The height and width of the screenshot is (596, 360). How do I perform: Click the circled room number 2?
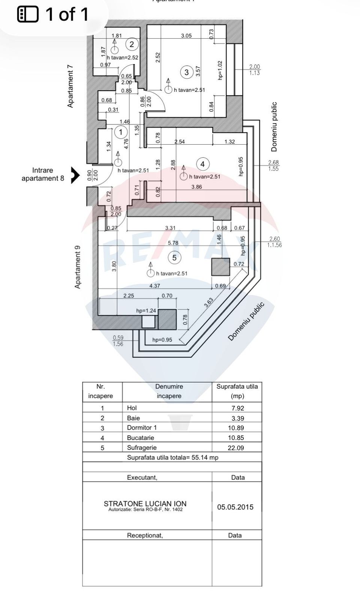coord(132,44)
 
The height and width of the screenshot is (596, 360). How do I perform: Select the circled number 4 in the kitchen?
coord(202,164)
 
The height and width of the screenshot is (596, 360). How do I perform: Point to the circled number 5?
coord(174,258)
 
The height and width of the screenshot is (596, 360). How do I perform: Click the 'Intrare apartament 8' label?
coord(43,174)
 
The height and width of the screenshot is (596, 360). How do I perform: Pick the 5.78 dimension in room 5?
coord(173,243)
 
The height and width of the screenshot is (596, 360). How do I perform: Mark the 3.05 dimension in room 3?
coord(186,36)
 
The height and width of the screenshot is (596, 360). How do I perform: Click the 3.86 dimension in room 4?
coord(196,187)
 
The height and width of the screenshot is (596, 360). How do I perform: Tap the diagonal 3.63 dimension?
coord(209,302)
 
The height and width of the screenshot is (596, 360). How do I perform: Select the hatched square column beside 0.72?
coord(220,267)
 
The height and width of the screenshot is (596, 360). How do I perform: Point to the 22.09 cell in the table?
coord(236,448)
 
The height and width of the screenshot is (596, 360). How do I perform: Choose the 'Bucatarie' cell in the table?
coord(140,437)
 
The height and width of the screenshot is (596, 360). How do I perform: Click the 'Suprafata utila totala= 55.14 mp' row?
coord(172,457)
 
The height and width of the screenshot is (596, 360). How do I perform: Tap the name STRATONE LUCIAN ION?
coord(145,504)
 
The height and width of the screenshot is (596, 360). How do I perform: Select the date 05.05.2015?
coord(235,507)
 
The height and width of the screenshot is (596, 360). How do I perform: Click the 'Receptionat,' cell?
coord(145,535)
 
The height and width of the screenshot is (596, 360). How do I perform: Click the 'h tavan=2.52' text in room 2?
coord(122,58)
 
